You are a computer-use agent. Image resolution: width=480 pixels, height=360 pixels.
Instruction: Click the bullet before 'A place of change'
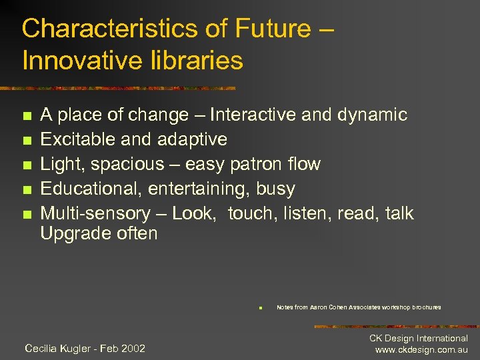tap(26, 116)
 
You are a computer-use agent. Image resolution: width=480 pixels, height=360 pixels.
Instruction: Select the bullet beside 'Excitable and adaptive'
tap(26, 141)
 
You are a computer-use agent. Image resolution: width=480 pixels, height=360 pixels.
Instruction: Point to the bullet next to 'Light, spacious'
tap(26, 165)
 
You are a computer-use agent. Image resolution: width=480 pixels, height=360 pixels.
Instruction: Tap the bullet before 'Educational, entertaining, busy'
tap(26, 190)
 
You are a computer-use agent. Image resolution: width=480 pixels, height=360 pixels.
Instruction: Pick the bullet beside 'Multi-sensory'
tap(26, 215)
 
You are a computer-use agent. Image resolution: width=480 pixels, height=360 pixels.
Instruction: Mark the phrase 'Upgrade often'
tap(99, 234)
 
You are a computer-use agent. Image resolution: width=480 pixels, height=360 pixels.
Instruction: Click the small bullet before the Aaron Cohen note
tap(261, 308)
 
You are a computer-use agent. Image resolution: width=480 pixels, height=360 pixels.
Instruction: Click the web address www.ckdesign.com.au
tap(421, 350)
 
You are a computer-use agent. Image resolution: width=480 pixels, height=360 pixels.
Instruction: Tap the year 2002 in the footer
tap(132, 348)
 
